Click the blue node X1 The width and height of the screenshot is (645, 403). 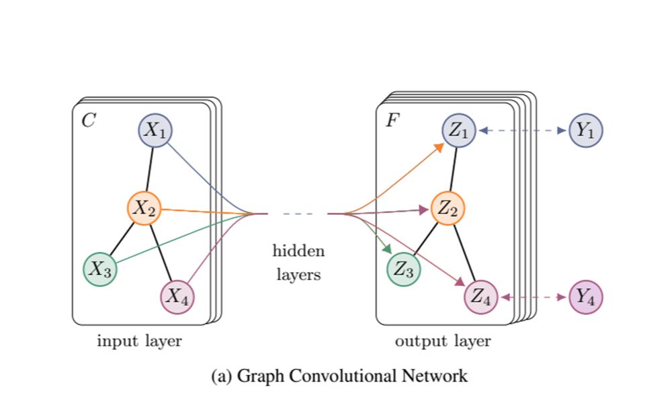point(156,130)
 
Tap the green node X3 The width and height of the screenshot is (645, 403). point(100,269)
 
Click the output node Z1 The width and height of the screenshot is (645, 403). point(459,130)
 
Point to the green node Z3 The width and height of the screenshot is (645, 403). point(404,269)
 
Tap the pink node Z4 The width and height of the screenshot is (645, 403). point(481,296)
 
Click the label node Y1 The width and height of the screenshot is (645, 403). point(586,130)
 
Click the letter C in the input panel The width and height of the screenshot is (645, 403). point(88,121)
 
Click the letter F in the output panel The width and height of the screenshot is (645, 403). point(391,121)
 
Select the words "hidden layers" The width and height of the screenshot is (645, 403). point(298,263)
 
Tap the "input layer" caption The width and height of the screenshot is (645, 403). point(140,341)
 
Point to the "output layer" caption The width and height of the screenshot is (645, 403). point(443,341)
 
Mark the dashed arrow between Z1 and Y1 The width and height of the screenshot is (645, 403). point(523,130)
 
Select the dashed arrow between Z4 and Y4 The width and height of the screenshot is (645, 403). point(533,296)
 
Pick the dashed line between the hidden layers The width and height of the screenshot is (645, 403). point(298,214)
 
